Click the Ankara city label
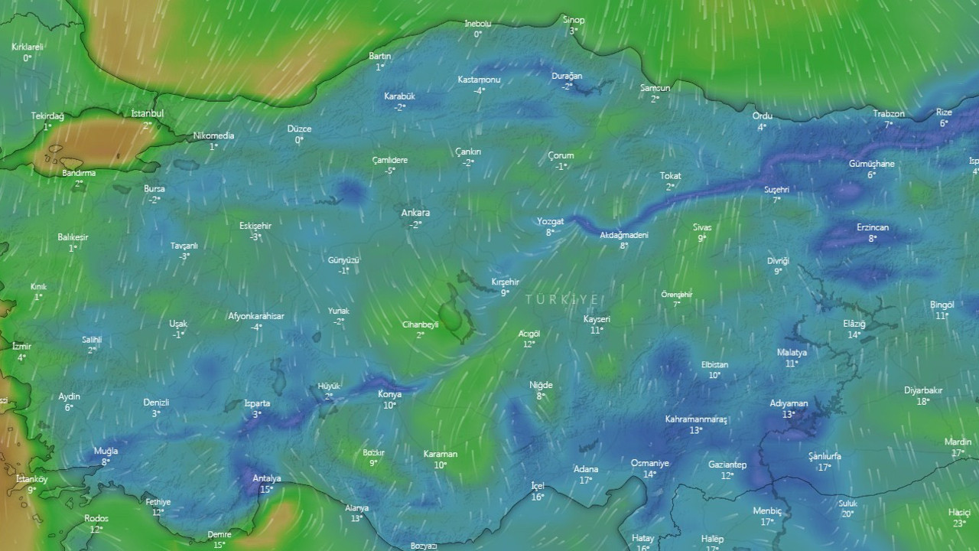(415, 213)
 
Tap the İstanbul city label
(148, 113)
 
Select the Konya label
(390, 394)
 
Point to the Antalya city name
(267, 478)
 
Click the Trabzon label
(889, 113)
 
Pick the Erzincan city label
(873, 227)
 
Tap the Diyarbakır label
(923, 390)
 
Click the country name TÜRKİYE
(562, 300)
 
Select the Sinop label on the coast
(574, 20)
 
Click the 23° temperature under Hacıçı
(959, 523)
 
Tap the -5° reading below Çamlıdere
(390, 171)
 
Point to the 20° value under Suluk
(847, 514)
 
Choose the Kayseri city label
(597, 318)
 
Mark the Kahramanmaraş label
(696, 419)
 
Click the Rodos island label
(96, 518)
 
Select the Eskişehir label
(255, 226)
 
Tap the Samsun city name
(655, 88)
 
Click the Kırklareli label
(28, 47)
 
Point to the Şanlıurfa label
(825, 456)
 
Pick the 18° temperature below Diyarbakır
(923, 401)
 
